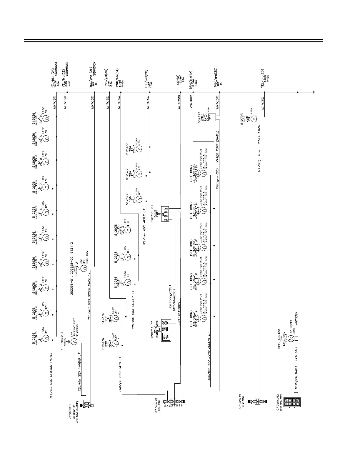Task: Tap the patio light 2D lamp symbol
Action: point(255,118)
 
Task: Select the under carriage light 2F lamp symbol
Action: point(84,268)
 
